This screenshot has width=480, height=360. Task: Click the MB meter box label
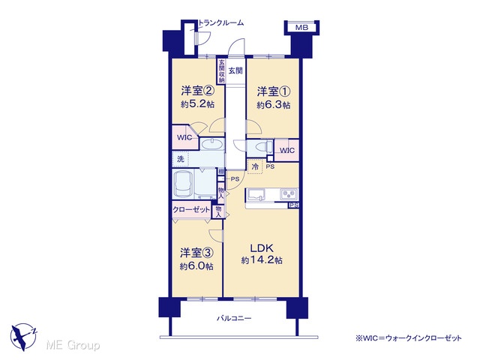301,28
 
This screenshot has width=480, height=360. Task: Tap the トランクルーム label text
221,23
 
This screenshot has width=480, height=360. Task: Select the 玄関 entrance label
235,70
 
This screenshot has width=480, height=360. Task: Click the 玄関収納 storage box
221,71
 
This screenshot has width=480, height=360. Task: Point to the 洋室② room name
197,91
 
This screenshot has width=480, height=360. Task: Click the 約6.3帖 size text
273,105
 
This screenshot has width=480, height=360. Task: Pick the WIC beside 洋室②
184,137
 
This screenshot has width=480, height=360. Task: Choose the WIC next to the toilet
287,150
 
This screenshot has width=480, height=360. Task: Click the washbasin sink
212,144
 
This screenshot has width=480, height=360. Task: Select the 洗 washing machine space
181,159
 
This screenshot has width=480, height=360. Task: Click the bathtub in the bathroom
184,184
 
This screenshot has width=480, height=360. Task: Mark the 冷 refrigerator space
255,166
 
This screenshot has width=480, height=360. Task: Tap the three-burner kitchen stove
289,193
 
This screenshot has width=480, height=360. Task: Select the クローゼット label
191,210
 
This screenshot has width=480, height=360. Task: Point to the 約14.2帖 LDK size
262,260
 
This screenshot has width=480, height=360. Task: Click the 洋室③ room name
196,253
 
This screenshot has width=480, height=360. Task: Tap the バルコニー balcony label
234,318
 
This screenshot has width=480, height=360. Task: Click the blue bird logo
23,337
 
